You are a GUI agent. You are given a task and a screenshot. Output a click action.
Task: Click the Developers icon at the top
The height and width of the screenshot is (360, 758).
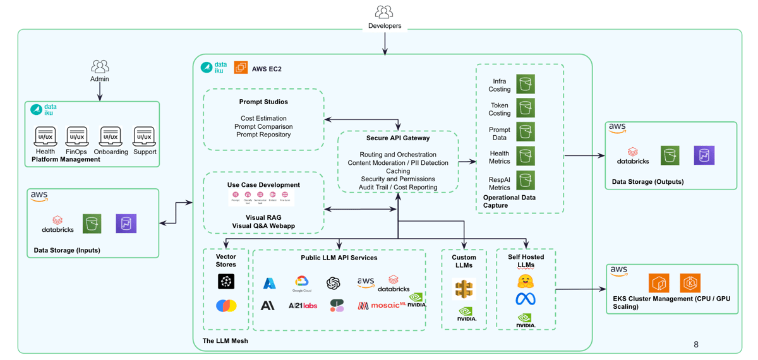point(384,12)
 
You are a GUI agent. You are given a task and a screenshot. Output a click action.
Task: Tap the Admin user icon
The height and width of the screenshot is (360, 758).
point(100,66)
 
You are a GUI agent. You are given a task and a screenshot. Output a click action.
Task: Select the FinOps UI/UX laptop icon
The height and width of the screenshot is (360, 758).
point(77,136)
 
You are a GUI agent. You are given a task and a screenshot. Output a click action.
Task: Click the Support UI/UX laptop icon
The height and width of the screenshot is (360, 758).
point(143,136)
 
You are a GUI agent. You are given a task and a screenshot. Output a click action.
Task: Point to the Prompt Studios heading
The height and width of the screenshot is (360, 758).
point(263,102)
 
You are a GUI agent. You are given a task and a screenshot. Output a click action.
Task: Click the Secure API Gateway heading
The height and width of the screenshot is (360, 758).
point(398,138)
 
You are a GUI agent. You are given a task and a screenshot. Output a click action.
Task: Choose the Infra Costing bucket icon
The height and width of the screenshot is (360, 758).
point(526,84)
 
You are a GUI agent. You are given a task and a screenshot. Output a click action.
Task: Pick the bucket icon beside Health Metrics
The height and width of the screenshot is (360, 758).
point(526,156)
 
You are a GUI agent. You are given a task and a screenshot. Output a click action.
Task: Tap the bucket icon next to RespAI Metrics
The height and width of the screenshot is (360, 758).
point(526,181)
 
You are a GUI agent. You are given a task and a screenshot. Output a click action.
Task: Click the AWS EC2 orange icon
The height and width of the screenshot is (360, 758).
point(241,68)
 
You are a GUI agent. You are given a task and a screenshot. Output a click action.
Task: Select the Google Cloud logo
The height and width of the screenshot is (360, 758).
point(302,283)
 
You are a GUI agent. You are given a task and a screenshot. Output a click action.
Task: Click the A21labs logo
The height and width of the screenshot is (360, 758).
point(303,306)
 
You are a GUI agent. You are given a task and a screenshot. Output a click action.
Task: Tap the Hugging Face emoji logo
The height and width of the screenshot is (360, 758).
point(526,280)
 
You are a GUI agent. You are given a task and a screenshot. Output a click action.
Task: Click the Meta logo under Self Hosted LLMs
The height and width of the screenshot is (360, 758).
point(526,299)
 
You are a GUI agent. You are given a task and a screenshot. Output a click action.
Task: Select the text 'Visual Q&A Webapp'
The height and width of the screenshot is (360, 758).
point(263,226)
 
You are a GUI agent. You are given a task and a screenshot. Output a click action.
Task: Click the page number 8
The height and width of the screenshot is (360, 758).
point(696,344)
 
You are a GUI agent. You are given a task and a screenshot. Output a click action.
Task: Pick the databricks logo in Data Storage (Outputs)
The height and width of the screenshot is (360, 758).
point(632,156)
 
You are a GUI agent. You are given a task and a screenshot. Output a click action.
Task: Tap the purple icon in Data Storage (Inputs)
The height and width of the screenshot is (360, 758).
point(126,224)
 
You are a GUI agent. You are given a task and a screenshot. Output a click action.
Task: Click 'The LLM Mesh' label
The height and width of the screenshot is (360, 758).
point(225,341)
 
